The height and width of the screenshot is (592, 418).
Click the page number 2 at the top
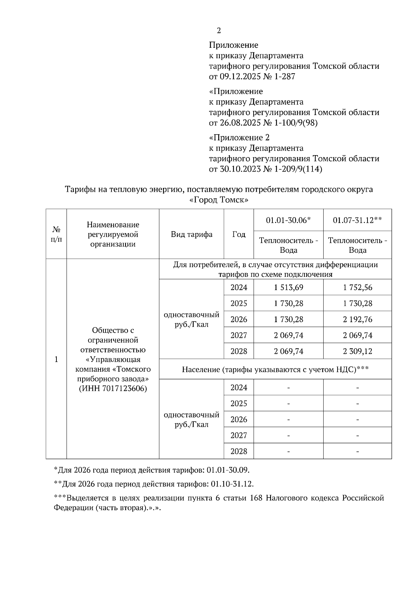(219, 31)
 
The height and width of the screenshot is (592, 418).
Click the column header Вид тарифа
(192, 234)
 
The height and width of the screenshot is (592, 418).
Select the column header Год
(239, 234)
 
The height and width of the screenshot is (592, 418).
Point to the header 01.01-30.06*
(288, 220)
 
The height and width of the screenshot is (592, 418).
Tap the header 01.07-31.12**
(357, 220)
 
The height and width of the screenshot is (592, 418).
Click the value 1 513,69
(288, 287)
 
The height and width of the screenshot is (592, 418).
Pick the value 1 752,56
(357, 287)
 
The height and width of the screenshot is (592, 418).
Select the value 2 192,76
(357, 319)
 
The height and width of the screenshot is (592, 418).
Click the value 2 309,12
(357, 351)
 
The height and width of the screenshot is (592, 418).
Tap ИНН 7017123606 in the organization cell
(113, 388)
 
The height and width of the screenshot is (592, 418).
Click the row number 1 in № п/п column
(56, 359)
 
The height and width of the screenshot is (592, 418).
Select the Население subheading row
(275, 369)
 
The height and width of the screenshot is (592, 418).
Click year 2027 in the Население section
(239, 435)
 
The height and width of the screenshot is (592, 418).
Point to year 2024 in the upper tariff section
(239, 287)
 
